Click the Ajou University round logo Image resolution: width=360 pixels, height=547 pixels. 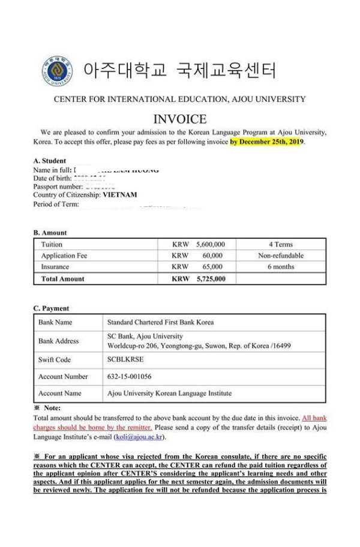point(55,71)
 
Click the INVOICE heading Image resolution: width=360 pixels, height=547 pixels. point(180,119)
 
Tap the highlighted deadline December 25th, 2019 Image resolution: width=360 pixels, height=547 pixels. point(267,142)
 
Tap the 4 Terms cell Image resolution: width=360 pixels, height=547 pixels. point(280,245)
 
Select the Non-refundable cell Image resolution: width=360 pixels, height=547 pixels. point(281,256)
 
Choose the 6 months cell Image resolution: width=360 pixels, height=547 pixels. point(281,266)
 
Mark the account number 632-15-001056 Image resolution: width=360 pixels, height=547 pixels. point(134,377)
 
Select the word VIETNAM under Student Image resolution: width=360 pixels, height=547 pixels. point(120,195)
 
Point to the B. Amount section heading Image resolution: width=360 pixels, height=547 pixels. point(50,233)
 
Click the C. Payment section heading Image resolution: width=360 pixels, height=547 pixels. point(51,308)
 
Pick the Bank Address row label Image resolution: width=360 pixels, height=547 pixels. point(58,341)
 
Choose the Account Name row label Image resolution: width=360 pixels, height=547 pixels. point(59,393)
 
